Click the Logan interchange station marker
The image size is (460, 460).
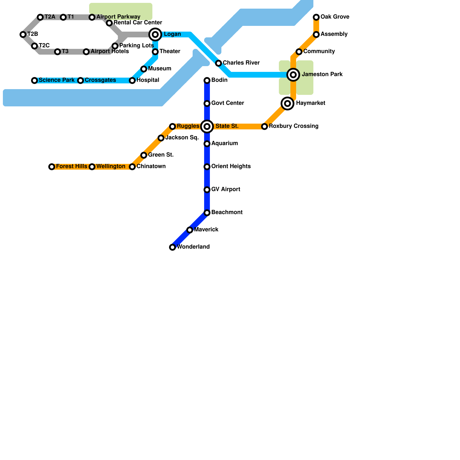tap(155, 34)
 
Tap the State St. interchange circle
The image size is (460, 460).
tap(207, 126)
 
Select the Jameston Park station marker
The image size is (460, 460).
tap(293, 75)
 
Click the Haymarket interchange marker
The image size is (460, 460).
tap(287, 103)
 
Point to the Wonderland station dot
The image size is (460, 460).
tap(172, 247)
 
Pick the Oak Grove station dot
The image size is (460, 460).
tap(316, 17)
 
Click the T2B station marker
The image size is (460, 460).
tap(23, 34)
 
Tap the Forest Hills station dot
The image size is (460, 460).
tap(52, 167)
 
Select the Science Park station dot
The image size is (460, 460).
tap(34, 80)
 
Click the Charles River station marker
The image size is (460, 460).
tap(218, 63)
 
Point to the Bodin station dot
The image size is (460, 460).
tap(207, 80)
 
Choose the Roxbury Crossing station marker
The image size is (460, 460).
tap(264, 126)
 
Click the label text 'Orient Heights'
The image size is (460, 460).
tap(231, 166)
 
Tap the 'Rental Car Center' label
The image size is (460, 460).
tap(138, 23)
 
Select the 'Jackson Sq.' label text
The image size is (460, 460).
tap(182, 138)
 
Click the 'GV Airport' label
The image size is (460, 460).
tap(226, 189)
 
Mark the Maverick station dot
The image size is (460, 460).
tap(190, 230)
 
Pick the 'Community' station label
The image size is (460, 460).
tap(319, 51)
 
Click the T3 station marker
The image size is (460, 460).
tap(57, 52)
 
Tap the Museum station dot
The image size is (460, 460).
tap(144, 69)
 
